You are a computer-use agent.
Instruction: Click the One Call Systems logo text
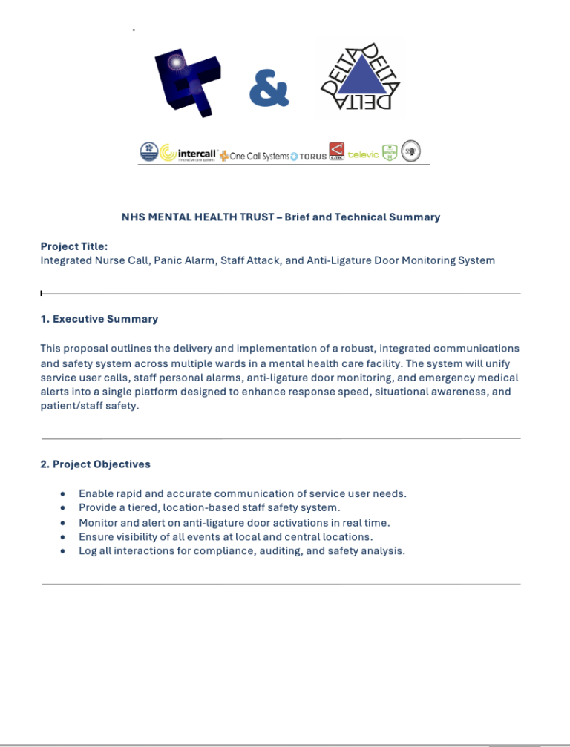(x=259, y=156)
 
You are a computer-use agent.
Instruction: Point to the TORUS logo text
(x=312, y=157)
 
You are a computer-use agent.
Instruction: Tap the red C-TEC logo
(x=336, y=152)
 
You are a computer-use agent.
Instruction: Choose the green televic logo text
(x=363, y=154)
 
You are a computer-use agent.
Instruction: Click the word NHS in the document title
(x=133, y=217)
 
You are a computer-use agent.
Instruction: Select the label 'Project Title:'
(x=74, y=246)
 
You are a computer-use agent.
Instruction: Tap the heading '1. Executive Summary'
(x=99, y=319)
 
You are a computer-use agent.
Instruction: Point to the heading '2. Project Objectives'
(x=96, y=464)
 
